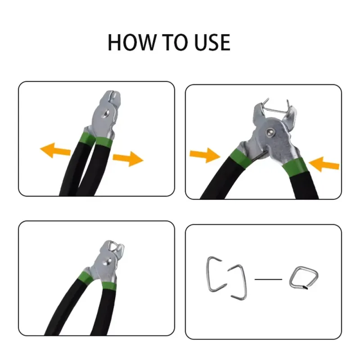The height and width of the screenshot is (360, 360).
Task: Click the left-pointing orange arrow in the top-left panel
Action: click(x=55, y=150)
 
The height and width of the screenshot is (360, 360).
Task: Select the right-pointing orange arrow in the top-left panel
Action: click(x=128, y=159)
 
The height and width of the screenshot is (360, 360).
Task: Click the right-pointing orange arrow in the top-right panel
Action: click(x=205, y=155)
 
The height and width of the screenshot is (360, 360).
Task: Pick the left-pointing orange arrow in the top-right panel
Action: click(x=324, y=164)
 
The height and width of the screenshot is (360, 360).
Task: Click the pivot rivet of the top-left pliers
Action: click(x=106, y=113)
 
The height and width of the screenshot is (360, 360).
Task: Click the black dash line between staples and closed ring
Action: click(x=268, y=279)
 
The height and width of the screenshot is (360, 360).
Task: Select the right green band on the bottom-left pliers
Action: click(x=108, y=286)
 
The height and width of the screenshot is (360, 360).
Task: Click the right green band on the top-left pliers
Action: click(x=104, y=142)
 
